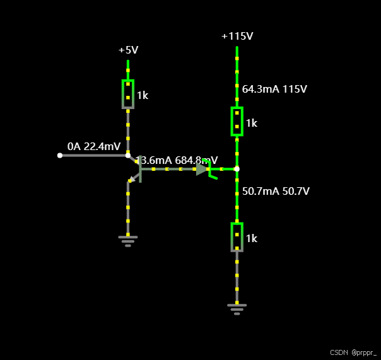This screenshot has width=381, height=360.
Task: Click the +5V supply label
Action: click(x=128, y=50)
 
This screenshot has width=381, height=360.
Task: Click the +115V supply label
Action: click(x=237, y=36)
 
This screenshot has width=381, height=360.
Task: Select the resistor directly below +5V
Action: click(x=128, y=94)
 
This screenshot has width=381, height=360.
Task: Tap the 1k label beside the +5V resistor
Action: click(x=143, y=96)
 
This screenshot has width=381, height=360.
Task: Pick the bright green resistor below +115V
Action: click(x=237, y=121)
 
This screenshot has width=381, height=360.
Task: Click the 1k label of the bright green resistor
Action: click(x=252, y=124)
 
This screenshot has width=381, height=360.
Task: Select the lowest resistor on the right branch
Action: click(x=237, y=237)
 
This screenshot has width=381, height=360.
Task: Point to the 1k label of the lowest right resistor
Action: click(x=252, y=239)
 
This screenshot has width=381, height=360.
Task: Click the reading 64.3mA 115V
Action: click(x=274, y=90)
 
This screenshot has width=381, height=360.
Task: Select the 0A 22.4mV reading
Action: click(x=94, y=147)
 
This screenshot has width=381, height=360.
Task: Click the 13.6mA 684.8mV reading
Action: click(x=177, y=160)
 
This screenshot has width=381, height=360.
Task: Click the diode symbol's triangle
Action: click(x=201, y=169)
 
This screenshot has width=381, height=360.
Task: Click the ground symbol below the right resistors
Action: click(x=237, y=309)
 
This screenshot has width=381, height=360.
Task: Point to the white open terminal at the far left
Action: click(x=60, y=155)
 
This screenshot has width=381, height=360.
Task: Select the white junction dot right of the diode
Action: click(x=237, y=169)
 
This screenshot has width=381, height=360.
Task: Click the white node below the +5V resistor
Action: click(x=128, y=155)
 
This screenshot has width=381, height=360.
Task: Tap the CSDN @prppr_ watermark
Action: click(x=353, y=352)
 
